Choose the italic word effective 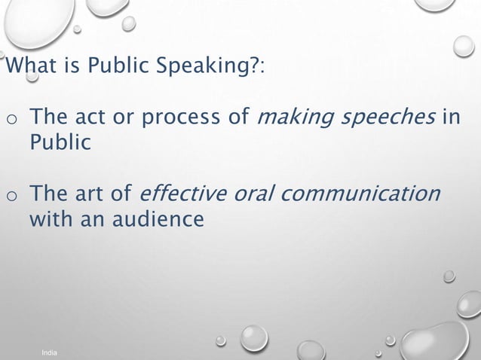coord(178,194)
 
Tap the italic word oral coord(250,194)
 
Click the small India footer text coord(50,352)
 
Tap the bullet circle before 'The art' coord(11,196)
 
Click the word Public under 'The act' coord(60,143)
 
